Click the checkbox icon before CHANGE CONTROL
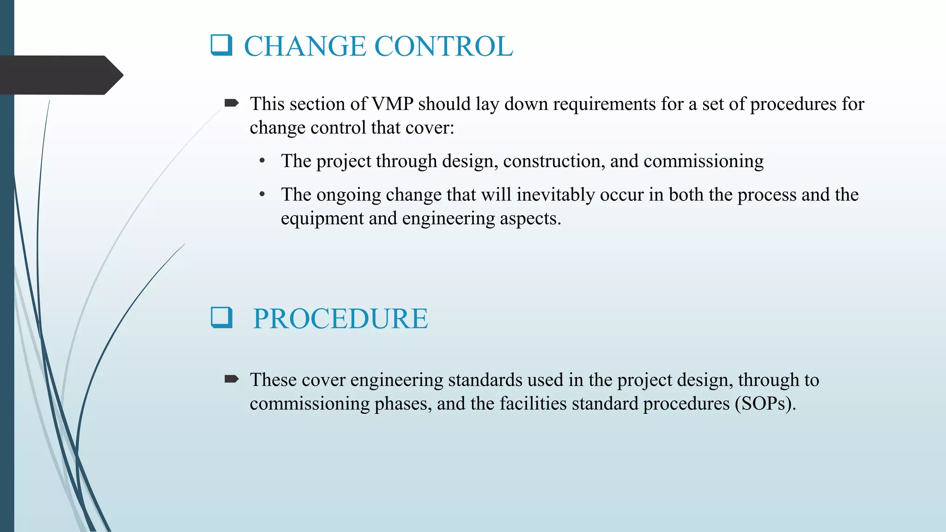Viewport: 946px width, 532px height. (x=221, y=45)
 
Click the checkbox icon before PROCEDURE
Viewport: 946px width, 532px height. (x=221, y=317)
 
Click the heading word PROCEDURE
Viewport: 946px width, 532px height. (x=340, y=319)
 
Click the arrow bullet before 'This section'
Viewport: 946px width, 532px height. (x=231, y=103)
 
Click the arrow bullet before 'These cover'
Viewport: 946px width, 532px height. (x=231, y=379)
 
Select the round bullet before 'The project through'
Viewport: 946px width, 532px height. (x=262, y=161)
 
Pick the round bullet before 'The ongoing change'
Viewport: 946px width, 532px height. (x=262, y=194)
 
